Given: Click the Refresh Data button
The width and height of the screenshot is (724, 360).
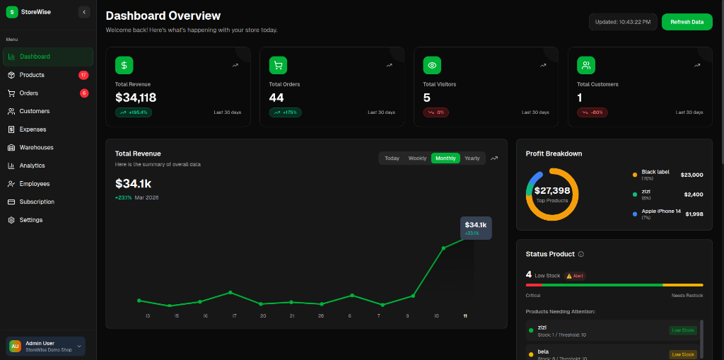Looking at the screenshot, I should pos(687,22).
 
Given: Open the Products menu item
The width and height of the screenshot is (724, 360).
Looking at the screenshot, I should pos(32,75).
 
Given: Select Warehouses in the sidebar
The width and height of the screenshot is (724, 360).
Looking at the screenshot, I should pos(36,147).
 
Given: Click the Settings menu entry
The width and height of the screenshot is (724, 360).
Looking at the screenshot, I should pos(30,220).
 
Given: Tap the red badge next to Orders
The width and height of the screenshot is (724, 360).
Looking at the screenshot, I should pos(84,93).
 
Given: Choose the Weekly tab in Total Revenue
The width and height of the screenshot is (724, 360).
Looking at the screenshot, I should pos(417,158).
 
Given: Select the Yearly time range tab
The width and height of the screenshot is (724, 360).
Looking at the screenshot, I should pos(472,158).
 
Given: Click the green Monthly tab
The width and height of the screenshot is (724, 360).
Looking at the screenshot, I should pos(445,158).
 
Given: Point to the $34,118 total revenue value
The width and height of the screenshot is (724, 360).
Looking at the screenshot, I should pos(136,98).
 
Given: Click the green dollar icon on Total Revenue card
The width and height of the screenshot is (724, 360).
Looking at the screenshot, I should pos(124,65).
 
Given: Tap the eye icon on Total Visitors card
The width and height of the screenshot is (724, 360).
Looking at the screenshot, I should pos(432,65).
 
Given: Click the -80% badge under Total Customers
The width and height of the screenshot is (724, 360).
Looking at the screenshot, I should pos(592,112).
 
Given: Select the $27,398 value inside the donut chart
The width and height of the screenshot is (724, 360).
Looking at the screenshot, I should pos(552,191).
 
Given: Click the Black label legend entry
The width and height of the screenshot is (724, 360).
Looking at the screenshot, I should pos(655,172).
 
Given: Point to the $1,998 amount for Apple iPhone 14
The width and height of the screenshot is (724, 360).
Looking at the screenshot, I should pos(694,214).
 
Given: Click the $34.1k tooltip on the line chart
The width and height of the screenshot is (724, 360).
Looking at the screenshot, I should pos(475,228).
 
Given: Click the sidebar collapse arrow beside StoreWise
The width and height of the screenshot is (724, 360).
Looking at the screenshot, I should pos(84,11).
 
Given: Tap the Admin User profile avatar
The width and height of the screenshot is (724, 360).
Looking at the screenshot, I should pos(15,346).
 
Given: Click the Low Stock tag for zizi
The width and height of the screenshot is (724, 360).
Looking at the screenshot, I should pos(683,330).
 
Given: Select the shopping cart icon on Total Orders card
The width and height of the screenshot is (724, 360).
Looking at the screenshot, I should pos(278,65).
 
